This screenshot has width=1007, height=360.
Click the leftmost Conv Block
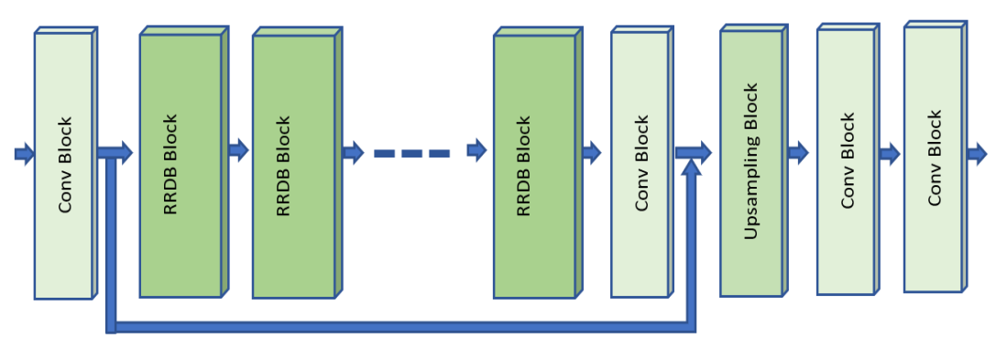64,165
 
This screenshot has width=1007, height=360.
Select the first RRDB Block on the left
181,165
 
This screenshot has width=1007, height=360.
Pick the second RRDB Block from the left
293,166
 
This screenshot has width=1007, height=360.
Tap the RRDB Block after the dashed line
534,166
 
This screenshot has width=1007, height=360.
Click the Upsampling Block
750,163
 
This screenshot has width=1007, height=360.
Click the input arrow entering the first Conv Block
24,153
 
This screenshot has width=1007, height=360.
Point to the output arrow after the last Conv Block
977,153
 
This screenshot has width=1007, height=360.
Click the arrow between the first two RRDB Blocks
238,151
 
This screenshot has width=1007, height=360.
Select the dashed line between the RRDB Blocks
411,153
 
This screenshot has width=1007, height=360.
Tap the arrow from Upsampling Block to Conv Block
797,153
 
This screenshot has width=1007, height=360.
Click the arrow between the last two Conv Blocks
889,153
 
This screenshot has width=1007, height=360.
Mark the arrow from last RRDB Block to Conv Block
591,153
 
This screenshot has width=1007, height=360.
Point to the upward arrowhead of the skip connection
692,169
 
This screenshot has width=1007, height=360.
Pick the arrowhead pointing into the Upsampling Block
705,153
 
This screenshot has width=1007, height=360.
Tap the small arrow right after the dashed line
476,151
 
